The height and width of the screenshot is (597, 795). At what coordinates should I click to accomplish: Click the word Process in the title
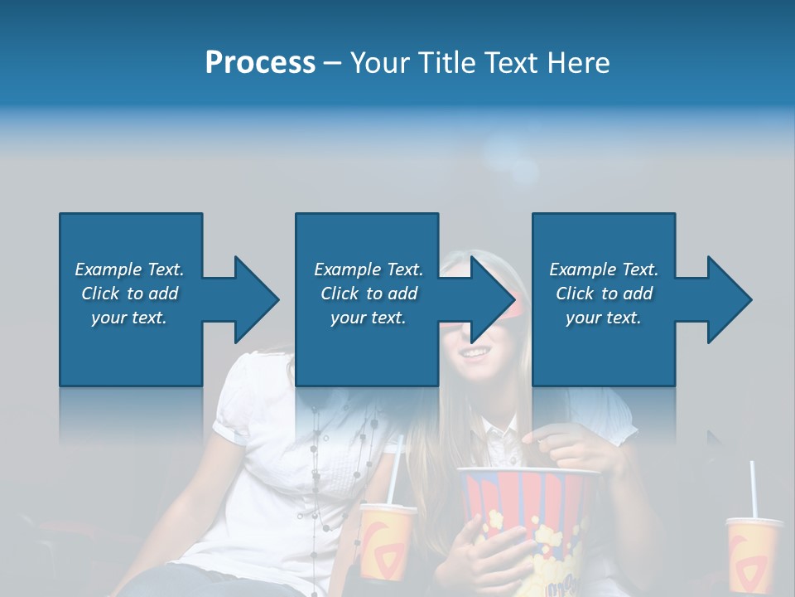click(x=260, y=63)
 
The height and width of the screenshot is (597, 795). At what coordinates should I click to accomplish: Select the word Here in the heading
click(x=579, y=63)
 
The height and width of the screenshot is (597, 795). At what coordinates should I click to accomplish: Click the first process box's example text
click(x=129, y=294)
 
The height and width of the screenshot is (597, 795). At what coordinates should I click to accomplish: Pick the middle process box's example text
click(x=368, y=294)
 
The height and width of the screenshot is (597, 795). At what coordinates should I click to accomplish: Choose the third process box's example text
click(x=604, y=294)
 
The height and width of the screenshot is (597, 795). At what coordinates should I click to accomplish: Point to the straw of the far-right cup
click(x=754, y=489)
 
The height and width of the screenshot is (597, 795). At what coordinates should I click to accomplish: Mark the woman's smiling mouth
click(x=475, y=352)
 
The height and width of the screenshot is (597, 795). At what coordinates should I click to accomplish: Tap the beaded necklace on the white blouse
click(x=316, y=464)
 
